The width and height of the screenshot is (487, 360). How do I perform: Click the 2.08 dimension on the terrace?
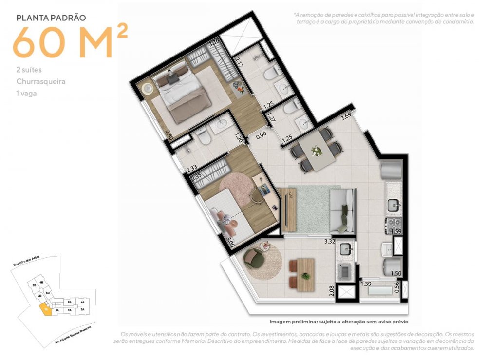pyautogui.click(x=331, y=291)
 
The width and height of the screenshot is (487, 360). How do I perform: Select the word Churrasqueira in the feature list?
pyautogui.click(x=40, y=81)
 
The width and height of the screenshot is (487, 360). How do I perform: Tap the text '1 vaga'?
pyautogui.click(x=26, y=93)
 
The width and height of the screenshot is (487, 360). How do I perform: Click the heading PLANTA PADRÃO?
pyautogui.click(x=51, y=18)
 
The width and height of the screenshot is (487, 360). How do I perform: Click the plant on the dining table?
pyautogui.click(x=317, y=151)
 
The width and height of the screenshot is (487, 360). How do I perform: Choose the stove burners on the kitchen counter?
pyautogui.click(x=393, y=226)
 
